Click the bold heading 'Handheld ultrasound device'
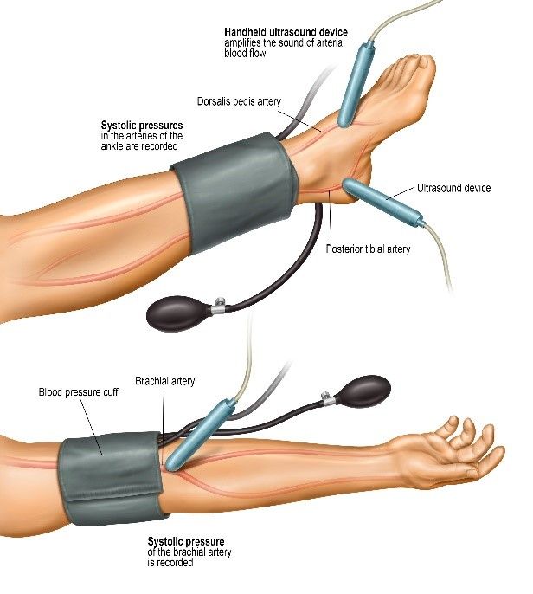(x=286, y=32)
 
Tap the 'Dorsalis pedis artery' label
(x=239, y=101)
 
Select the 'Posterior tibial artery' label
(x=368, y=249)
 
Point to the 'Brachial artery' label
(x=164, y=381)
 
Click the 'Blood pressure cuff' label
(x=79, y=391)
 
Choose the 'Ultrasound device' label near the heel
(x=453, y=188)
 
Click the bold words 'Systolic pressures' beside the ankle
(x=142, y=125)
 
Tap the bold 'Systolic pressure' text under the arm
(x=185, y=541)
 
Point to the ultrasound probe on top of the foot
(x=356, y=84)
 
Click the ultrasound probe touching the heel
(x=382, y=203)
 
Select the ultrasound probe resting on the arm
(x=201, y=436)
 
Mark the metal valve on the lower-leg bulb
(x=218, y=306)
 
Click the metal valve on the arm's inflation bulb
(x=327, y=397)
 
